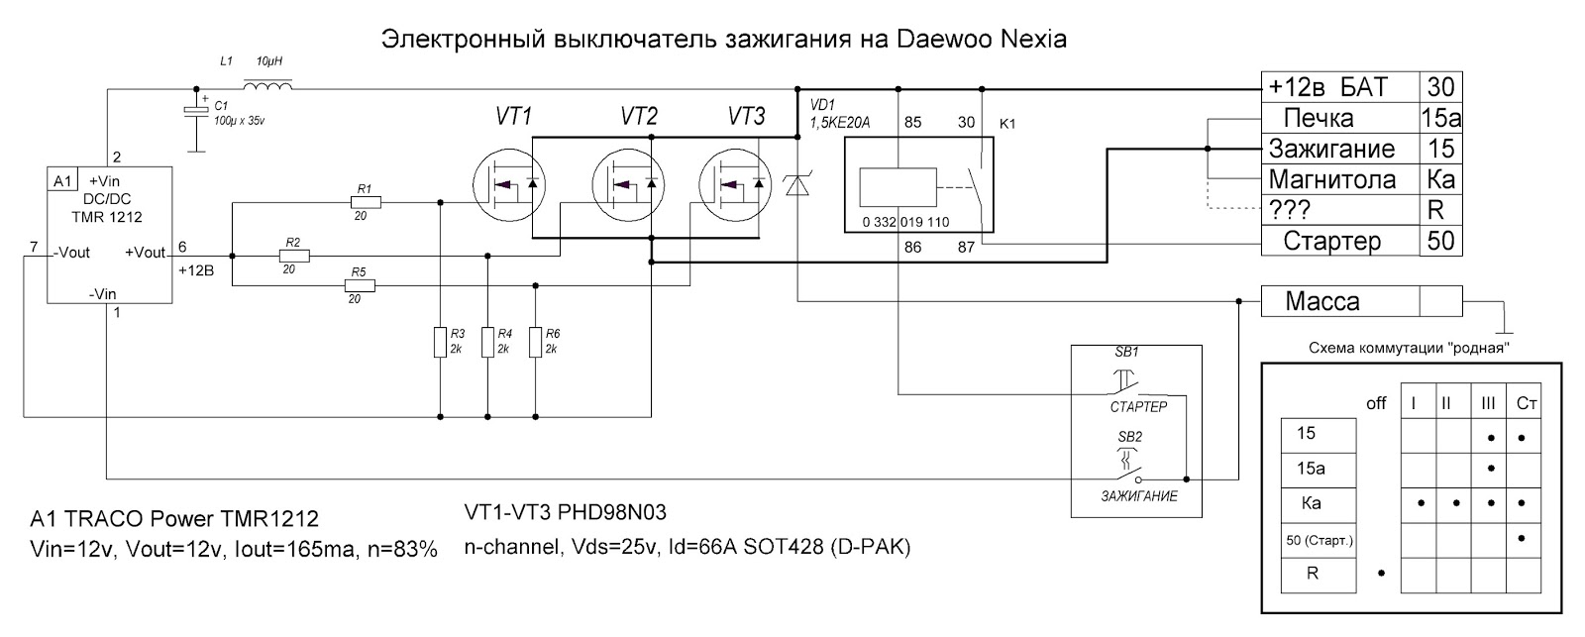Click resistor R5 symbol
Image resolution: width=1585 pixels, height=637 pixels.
[x=361, y=286]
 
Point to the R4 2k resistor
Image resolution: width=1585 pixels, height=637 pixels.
[x=487, y=343]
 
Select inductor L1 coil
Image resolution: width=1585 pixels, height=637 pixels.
[x=267, y=89]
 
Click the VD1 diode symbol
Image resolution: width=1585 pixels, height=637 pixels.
[x=797, y=183]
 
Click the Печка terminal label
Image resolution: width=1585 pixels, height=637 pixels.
[x=1319, y=119]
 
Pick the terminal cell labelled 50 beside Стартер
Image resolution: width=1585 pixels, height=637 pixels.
[x=1441, y=241]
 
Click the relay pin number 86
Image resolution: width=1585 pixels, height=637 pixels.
[x=912, y=247]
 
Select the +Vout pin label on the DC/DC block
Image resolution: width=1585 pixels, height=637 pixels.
[x=145, y=253]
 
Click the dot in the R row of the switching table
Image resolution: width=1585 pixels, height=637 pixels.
[x=1381, y=573]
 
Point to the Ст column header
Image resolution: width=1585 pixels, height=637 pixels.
[x=1527, y=404]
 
